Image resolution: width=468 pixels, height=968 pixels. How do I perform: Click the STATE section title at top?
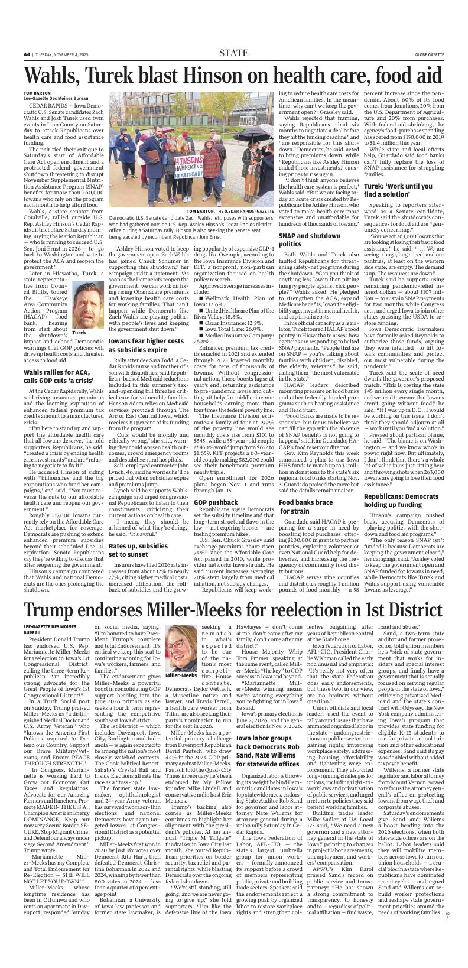(233, 53)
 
